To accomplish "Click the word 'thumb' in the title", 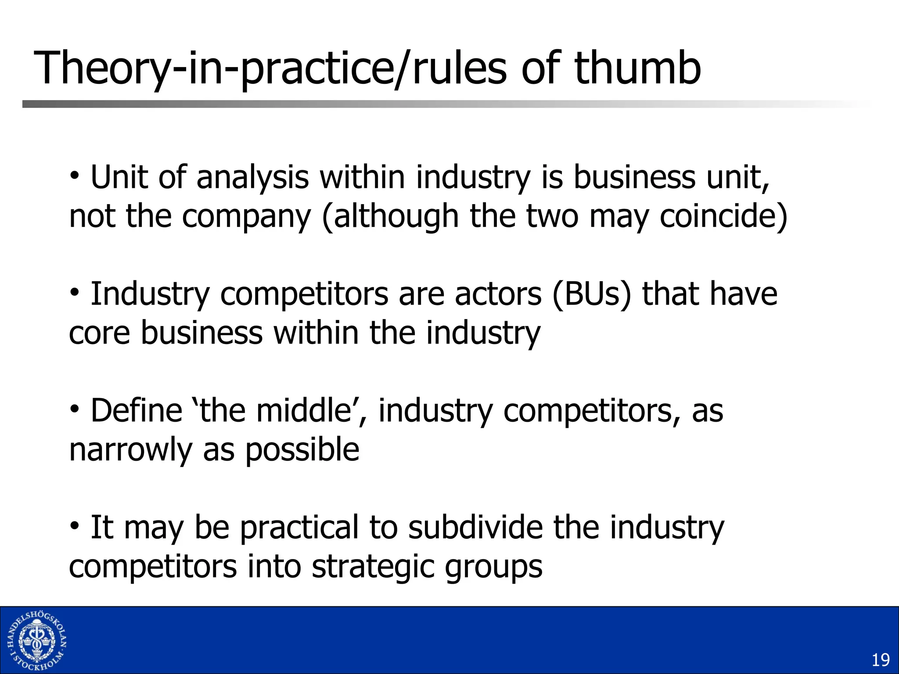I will tap(637, 68).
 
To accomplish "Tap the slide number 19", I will tap(880, 660).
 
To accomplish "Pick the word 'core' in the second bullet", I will tap(100, 333).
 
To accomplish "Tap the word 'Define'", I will tap(137, 410).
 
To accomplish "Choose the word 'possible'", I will tap(302, 449).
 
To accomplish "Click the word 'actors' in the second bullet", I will tap(498, 294).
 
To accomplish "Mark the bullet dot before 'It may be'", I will tap(75, 525).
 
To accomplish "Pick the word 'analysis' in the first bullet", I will tap(252, 177).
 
